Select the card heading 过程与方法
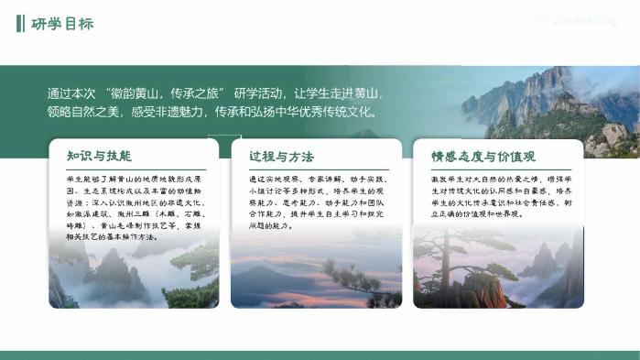click(281, 156)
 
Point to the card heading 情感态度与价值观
click(484, 156)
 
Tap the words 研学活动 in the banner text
click(260, 93)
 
